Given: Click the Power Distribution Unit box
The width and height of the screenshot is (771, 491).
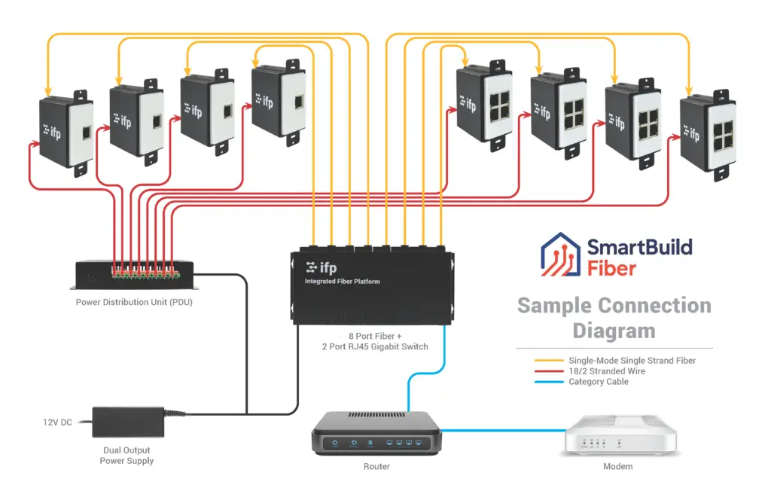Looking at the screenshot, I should pyautogui.click(x=134, y=275).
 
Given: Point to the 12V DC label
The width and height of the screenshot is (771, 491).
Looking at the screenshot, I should pyautogui.click(x=57, y=422).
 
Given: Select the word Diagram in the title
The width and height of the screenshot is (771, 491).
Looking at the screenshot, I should pyautogui.click(x=614, y=330).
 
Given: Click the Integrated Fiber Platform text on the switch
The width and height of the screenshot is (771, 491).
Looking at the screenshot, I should pyautogui.click(x=342, y=282).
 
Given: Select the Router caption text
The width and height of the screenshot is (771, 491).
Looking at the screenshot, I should pyautogui.click(x=376, y=467).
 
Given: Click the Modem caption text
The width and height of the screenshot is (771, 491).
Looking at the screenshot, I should pyautogui.click(x=617, y=467).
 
